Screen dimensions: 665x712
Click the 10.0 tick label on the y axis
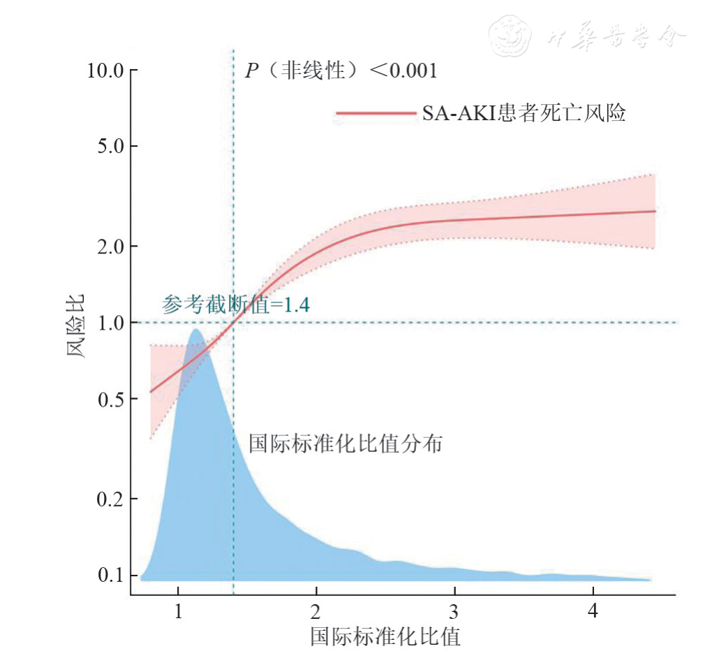click(x=103, y=71)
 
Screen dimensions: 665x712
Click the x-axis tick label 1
click(x=178, y=610)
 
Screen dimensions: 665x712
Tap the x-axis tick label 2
click(x=316, y=610)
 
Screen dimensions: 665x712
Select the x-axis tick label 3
click(x=454, y=610)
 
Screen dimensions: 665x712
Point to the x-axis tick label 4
click(x=593, y=610)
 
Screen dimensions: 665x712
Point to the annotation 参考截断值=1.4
click(x=236, y=305)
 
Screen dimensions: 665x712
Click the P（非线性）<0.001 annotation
click(x=340, y=71)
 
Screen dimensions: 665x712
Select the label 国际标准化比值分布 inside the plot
click(x=346, y=444)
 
